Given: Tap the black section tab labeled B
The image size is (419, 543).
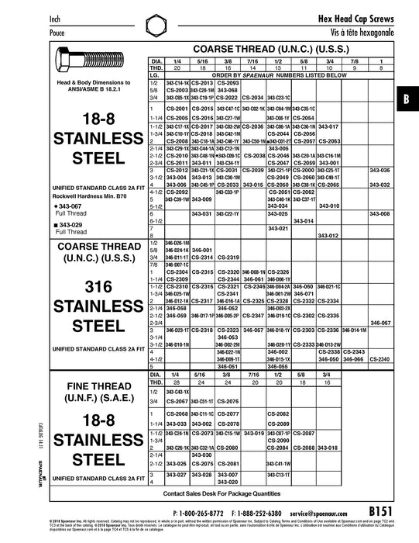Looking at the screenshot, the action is point(408,100).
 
